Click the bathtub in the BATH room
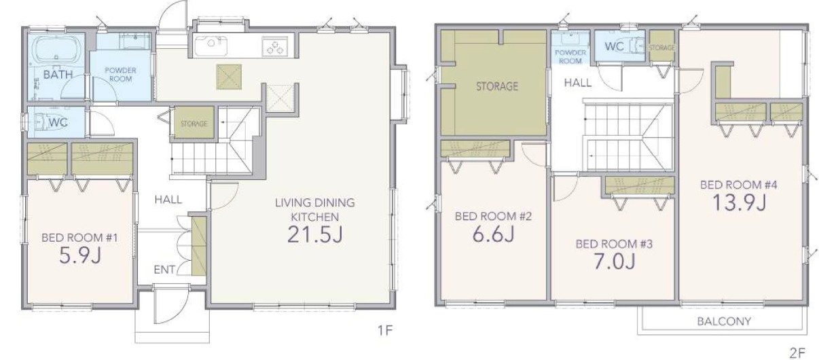pos(56,50)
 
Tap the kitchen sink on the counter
pos(211,46)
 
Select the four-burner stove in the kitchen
pos(275,46)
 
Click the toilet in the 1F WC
pos(43,122)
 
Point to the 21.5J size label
pos(315,234)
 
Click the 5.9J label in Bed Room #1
pos(79,255)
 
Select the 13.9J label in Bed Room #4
pos(739,202)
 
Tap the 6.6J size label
pos(493,234)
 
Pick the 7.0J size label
pos(614,262)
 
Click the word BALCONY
pos(724,321)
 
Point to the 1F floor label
pos(385,331)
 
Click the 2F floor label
pos(797,353)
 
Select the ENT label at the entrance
pos(164,270)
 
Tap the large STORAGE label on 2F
pos(497,86)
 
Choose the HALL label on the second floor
pos(578,83)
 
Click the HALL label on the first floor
pos(168,200)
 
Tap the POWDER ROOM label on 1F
pos(120,74)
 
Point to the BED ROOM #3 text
pos(614,244)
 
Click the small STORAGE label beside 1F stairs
pos(194,124)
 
